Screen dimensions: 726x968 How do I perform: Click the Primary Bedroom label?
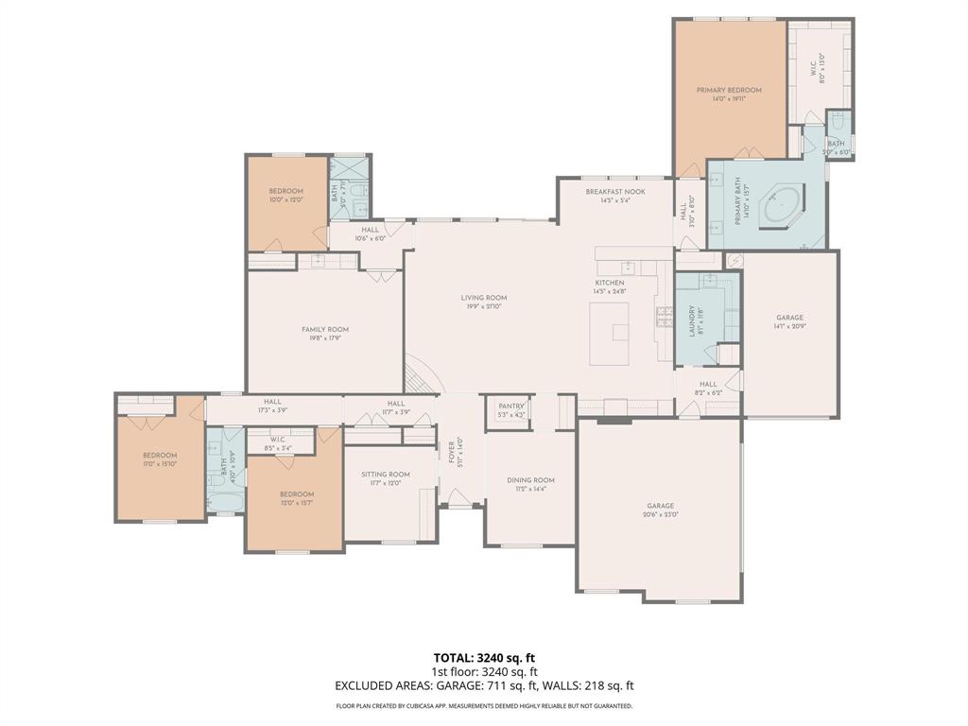click(729, 90)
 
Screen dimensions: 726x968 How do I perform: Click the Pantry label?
click(510, 406)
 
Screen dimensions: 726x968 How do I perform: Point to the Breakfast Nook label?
click(614, 191)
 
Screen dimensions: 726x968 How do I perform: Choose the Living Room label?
click(483, 298)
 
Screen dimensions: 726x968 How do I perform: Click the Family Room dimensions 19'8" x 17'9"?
click(325, 338)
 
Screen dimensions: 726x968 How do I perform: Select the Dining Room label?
click(530, 480)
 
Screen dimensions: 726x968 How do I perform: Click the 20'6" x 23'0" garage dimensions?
click(660, 514)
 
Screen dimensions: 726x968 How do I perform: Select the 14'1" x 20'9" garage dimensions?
click(789, 326)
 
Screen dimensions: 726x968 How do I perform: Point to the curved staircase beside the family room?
click(421, 373)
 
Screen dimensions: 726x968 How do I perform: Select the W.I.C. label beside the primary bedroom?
click(811, 66)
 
